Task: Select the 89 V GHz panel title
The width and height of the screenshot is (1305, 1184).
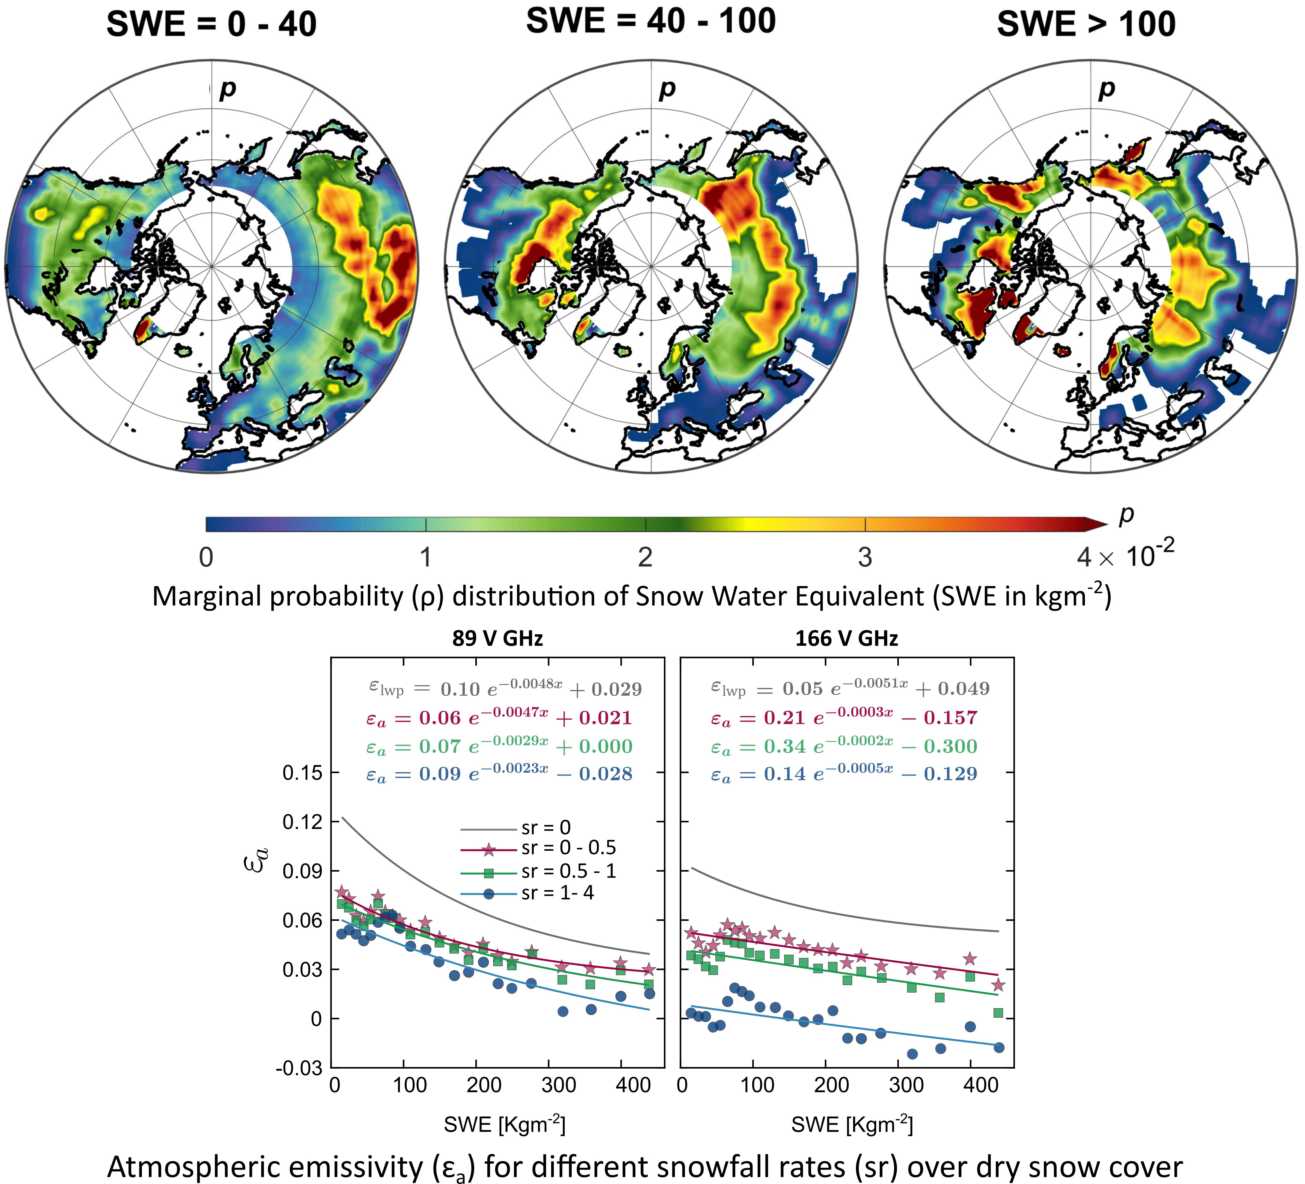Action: (x=497, y=638)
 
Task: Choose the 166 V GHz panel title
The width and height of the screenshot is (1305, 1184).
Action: (x=846, y=638)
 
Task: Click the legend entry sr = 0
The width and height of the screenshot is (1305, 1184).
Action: (x=546, y=827)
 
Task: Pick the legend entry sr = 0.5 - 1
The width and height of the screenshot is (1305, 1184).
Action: (x=568, y=871)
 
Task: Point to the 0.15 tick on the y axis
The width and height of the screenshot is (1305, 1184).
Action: (x=302, y=772)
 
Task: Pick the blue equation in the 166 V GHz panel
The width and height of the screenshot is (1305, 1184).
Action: (x=844, y=774)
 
